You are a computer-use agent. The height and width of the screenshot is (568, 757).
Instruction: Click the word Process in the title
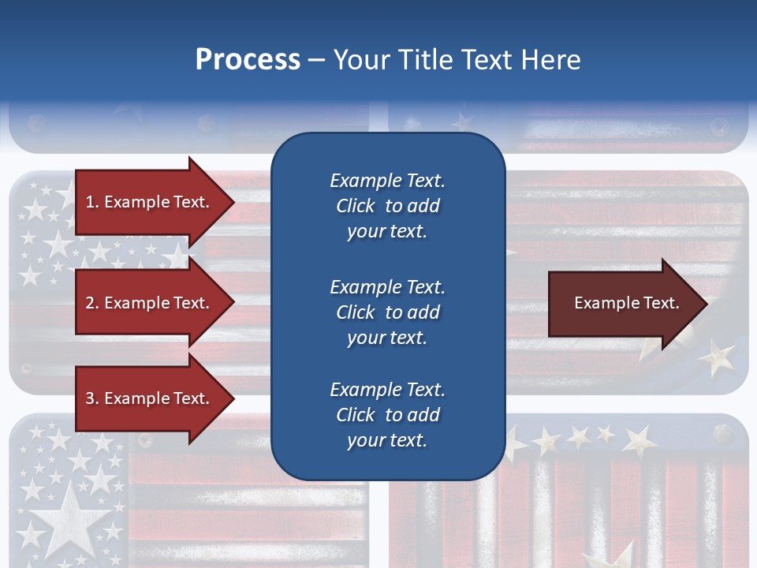pos(248,60)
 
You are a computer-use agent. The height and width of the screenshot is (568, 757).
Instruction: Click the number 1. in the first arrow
pos(92,202)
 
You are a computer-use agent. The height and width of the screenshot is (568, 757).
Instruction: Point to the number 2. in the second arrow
pos(92,303)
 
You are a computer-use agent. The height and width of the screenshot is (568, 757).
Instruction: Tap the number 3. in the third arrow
pos(92,398)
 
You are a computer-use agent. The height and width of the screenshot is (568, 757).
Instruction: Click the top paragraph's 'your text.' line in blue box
pos(387,232)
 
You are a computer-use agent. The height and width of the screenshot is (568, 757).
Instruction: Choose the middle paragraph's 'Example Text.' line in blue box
pos(387,287)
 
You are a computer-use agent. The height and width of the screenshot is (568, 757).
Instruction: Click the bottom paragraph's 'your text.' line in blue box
pos(387,441)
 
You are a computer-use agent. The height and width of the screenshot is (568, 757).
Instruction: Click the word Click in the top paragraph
pos(356,207)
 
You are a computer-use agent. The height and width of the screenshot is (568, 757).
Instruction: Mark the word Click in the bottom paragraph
pos(356,415)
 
